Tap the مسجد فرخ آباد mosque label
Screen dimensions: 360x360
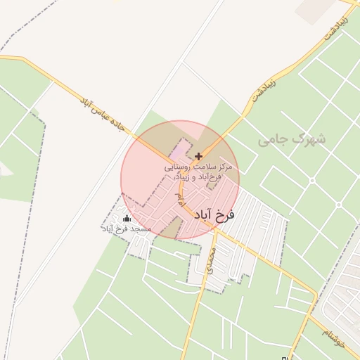click(127, 230)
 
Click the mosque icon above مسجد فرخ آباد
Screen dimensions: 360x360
click(127, 219)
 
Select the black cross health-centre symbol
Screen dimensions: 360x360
click(199, 156)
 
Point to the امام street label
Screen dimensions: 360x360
click(180, 200)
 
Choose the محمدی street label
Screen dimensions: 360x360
click(210, 259)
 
